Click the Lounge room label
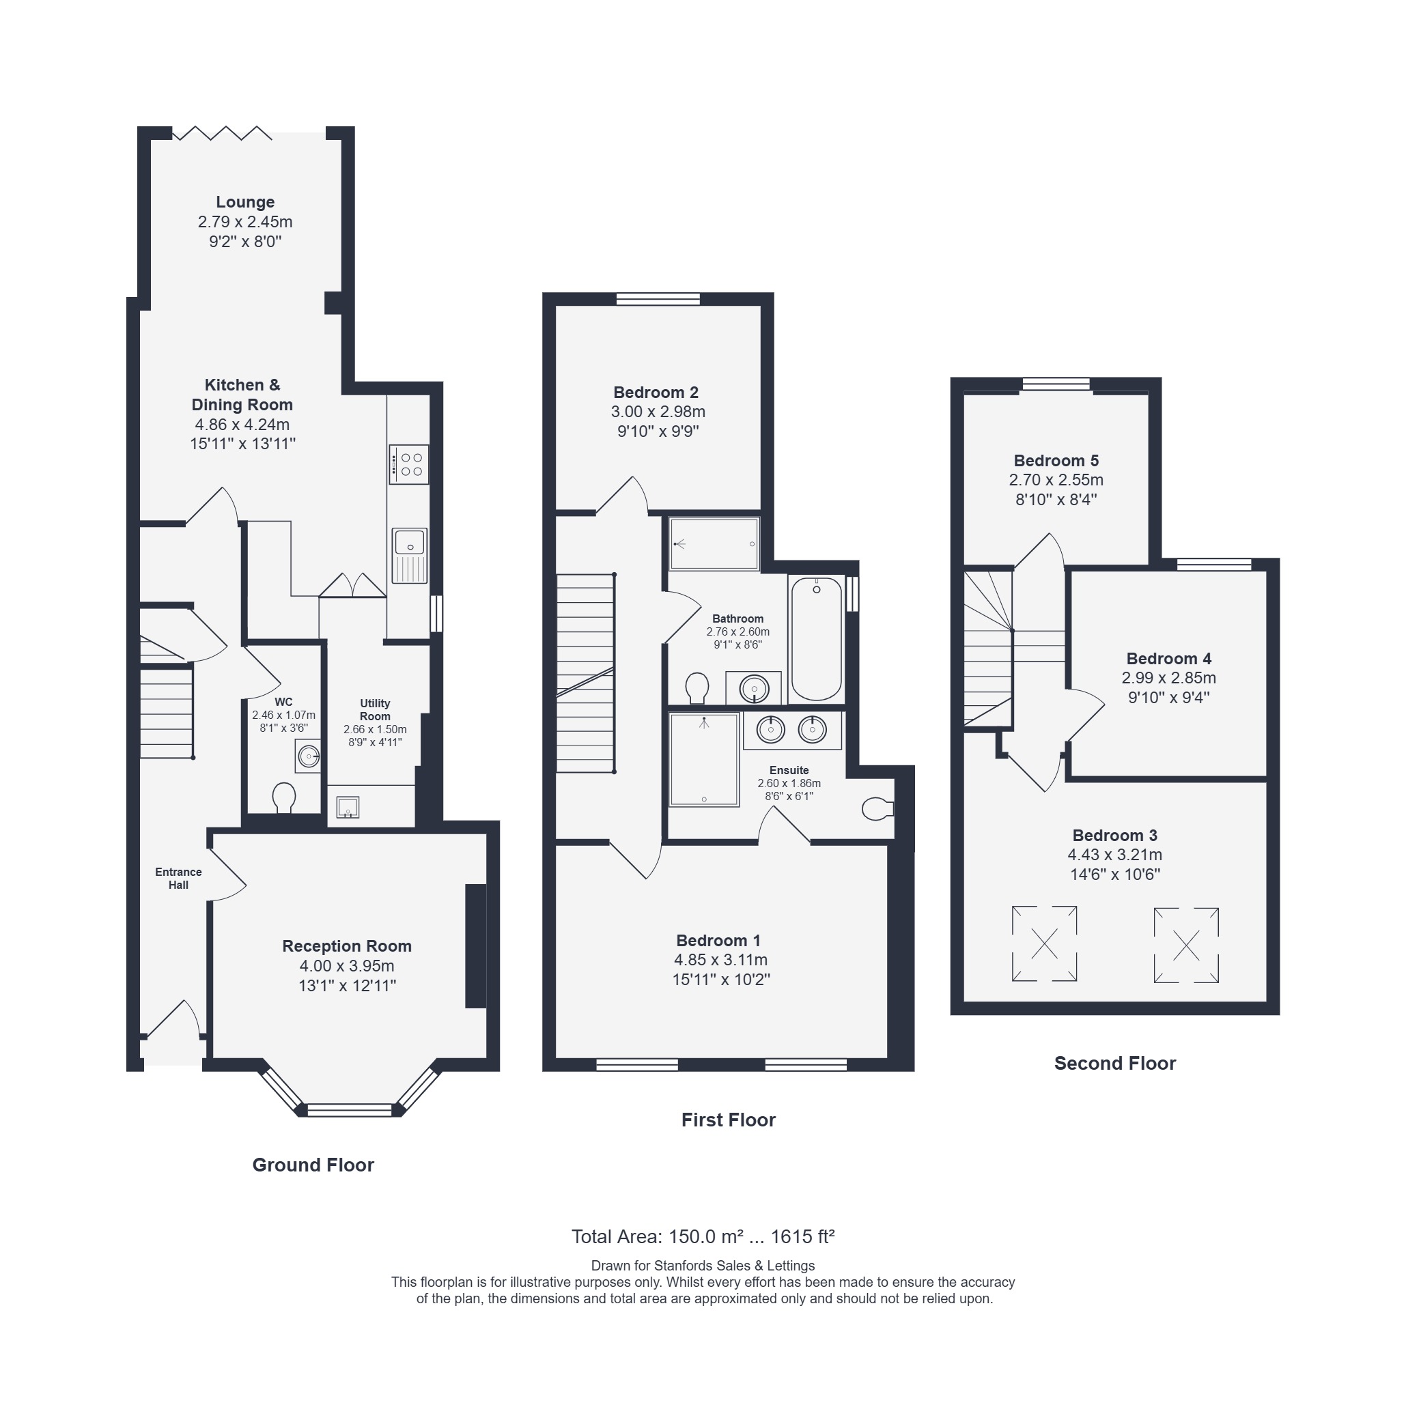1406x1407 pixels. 244,201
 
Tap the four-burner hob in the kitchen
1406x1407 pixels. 408,465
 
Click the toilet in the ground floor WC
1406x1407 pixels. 283,797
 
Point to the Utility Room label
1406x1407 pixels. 375,709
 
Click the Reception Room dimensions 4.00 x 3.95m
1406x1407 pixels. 347,966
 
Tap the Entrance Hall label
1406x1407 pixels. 178,879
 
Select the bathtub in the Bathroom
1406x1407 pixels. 817,639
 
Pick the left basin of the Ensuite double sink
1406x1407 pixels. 771,728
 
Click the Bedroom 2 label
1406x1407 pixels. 656,393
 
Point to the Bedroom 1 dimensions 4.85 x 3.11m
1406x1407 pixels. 721,960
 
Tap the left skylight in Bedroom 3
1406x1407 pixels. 1044,943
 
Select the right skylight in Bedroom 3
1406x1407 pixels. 1186,946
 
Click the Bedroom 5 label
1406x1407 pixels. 1056,460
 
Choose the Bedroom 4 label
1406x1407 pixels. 1168,658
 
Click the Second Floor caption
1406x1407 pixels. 1114,1063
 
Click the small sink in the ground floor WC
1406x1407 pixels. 308,756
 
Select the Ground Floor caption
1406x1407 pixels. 313,1165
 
